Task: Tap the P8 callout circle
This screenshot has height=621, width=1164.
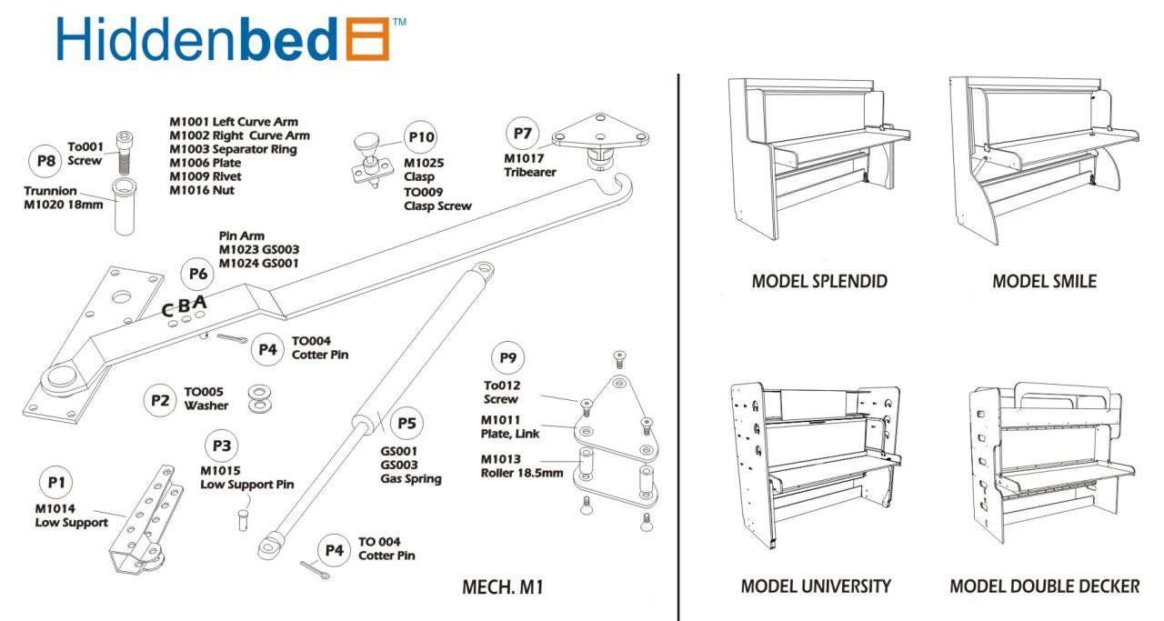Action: point(45,162)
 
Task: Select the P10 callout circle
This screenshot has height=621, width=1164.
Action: point(421,138)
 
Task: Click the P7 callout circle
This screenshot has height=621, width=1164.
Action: point(522,134)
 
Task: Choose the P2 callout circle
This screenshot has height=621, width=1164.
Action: point(161,399)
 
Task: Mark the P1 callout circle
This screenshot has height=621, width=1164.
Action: point(56,482)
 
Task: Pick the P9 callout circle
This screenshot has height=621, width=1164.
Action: point(507,357)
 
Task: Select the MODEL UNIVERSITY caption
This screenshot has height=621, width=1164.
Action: point(816,586)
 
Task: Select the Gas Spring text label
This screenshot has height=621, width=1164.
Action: point(410,478)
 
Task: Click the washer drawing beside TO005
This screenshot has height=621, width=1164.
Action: point(261,396)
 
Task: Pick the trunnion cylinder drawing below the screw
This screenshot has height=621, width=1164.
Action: point(124,207)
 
